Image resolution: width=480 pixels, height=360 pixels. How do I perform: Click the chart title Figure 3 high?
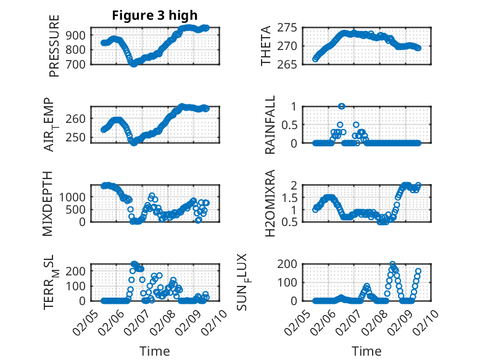(x=154, y=15)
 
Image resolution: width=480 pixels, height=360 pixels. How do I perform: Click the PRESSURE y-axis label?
(x=54, y=49)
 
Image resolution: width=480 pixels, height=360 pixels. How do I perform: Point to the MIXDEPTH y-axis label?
(x=48, y=203)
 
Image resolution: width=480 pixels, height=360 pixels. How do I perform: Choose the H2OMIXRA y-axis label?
(x=270, y=203)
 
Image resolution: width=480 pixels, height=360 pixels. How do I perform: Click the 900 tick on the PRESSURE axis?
(x=80, y=35)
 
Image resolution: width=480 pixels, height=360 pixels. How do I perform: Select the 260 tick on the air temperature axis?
(x=80, y=119)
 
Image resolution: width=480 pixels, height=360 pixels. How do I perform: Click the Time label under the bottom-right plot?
(x=366, y=351)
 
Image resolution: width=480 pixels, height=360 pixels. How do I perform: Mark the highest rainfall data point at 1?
(x=341, y=106)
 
